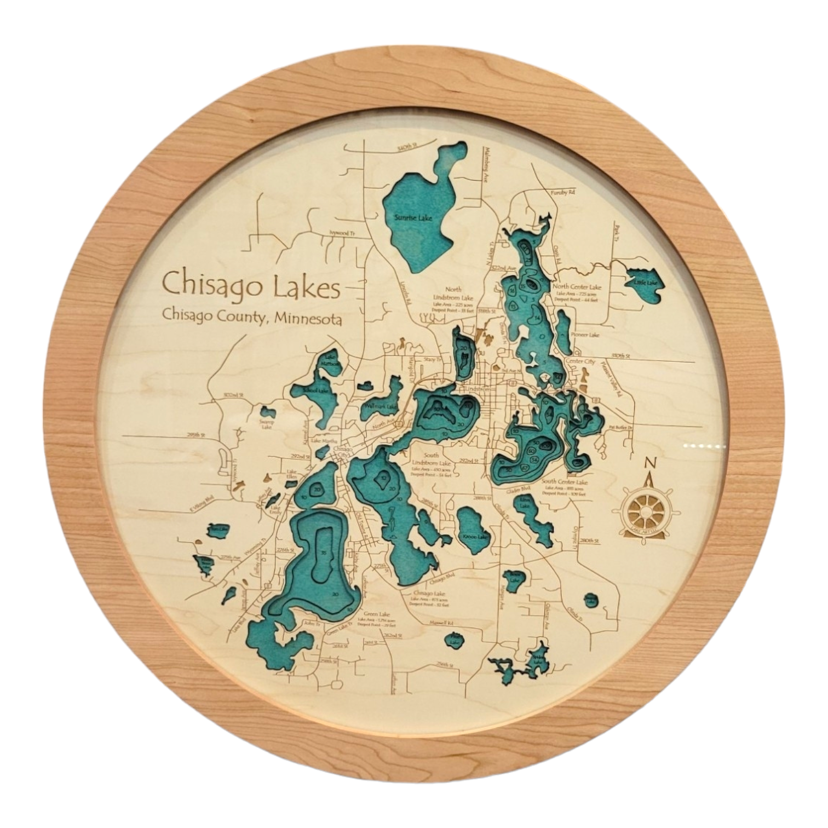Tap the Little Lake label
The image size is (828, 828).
(645, 283)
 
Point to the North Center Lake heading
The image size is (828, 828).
(577, 286)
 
